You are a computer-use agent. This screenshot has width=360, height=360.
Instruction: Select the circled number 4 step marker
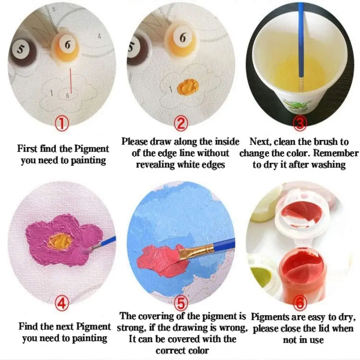tap(62, 304)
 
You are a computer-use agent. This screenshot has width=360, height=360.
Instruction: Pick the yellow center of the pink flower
tap(59, 240)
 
